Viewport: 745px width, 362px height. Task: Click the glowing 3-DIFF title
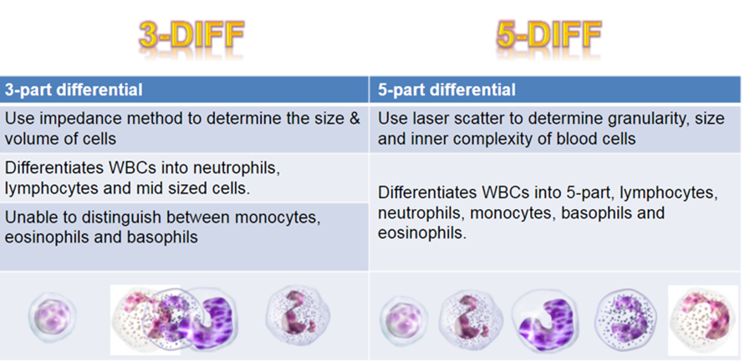point(191,37)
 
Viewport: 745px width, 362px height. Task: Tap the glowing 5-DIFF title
point(549,37)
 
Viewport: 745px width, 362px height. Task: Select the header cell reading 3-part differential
point(185,89)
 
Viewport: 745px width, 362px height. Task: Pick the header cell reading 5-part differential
point(555,89)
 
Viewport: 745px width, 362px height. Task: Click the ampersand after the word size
point(354,119)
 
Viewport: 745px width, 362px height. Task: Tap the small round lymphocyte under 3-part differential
point(53,314)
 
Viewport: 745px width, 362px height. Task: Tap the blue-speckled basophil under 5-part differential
point(627,318)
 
